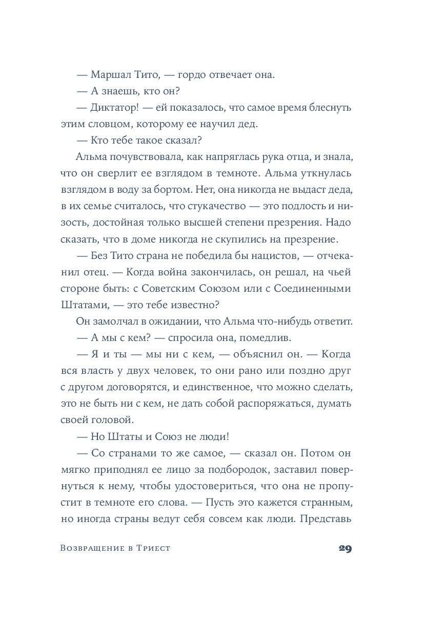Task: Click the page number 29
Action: click(x=345, y=549)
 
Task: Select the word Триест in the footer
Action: click(x=154, y=549)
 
